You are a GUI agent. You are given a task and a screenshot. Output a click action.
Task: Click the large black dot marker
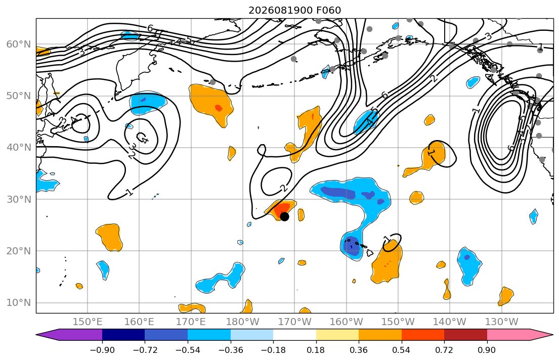pos(284,216)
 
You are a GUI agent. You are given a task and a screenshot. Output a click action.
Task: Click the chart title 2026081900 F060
pos(294,10)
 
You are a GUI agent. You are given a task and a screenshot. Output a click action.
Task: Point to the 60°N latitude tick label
pos(19,44)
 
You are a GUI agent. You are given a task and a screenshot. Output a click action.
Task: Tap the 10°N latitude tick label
pos(19,303)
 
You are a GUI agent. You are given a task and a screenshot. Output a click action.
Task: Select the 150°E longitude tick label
pos(88,322)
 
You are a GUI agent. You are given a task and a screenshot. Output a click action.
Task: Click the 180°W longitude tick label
pos(243,322)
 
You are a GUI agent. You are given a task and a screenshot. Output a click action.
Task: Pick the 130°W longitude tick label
pos(502,322)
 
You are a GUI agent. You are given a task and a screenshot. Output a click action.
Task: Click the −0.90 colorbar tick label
pos(102,350)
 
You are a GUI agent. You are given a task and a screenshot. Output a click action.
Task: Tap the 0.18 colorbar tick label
pos(316,350)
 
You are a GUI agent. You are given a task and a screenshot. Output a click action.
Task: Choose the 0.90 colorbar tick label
pos(487,350)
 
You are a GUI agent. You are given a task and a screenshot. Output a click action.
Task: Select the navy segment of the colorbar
pos(123,335)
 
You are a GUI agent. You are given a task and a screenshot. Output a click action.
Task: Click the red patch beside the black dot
pos(283,208)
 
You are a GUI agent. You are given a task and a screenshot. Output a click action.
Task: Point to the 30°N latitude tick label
pos(19,199)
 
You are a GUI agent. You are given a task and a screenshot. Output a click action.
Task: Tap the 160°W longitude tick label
pos(346,322)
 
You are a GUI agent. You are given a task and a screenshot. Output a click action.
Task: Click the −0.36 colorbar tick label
pos(231,350)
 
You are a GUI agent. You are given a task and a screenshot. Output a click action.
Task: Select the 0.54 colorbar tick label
pos(402,350)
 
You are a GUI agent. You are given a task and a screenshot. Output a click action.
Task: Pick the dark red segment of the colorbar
pos(465,335)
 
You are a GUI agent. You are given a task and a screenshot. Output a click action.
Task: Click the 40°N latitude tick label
pos(19,148)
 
